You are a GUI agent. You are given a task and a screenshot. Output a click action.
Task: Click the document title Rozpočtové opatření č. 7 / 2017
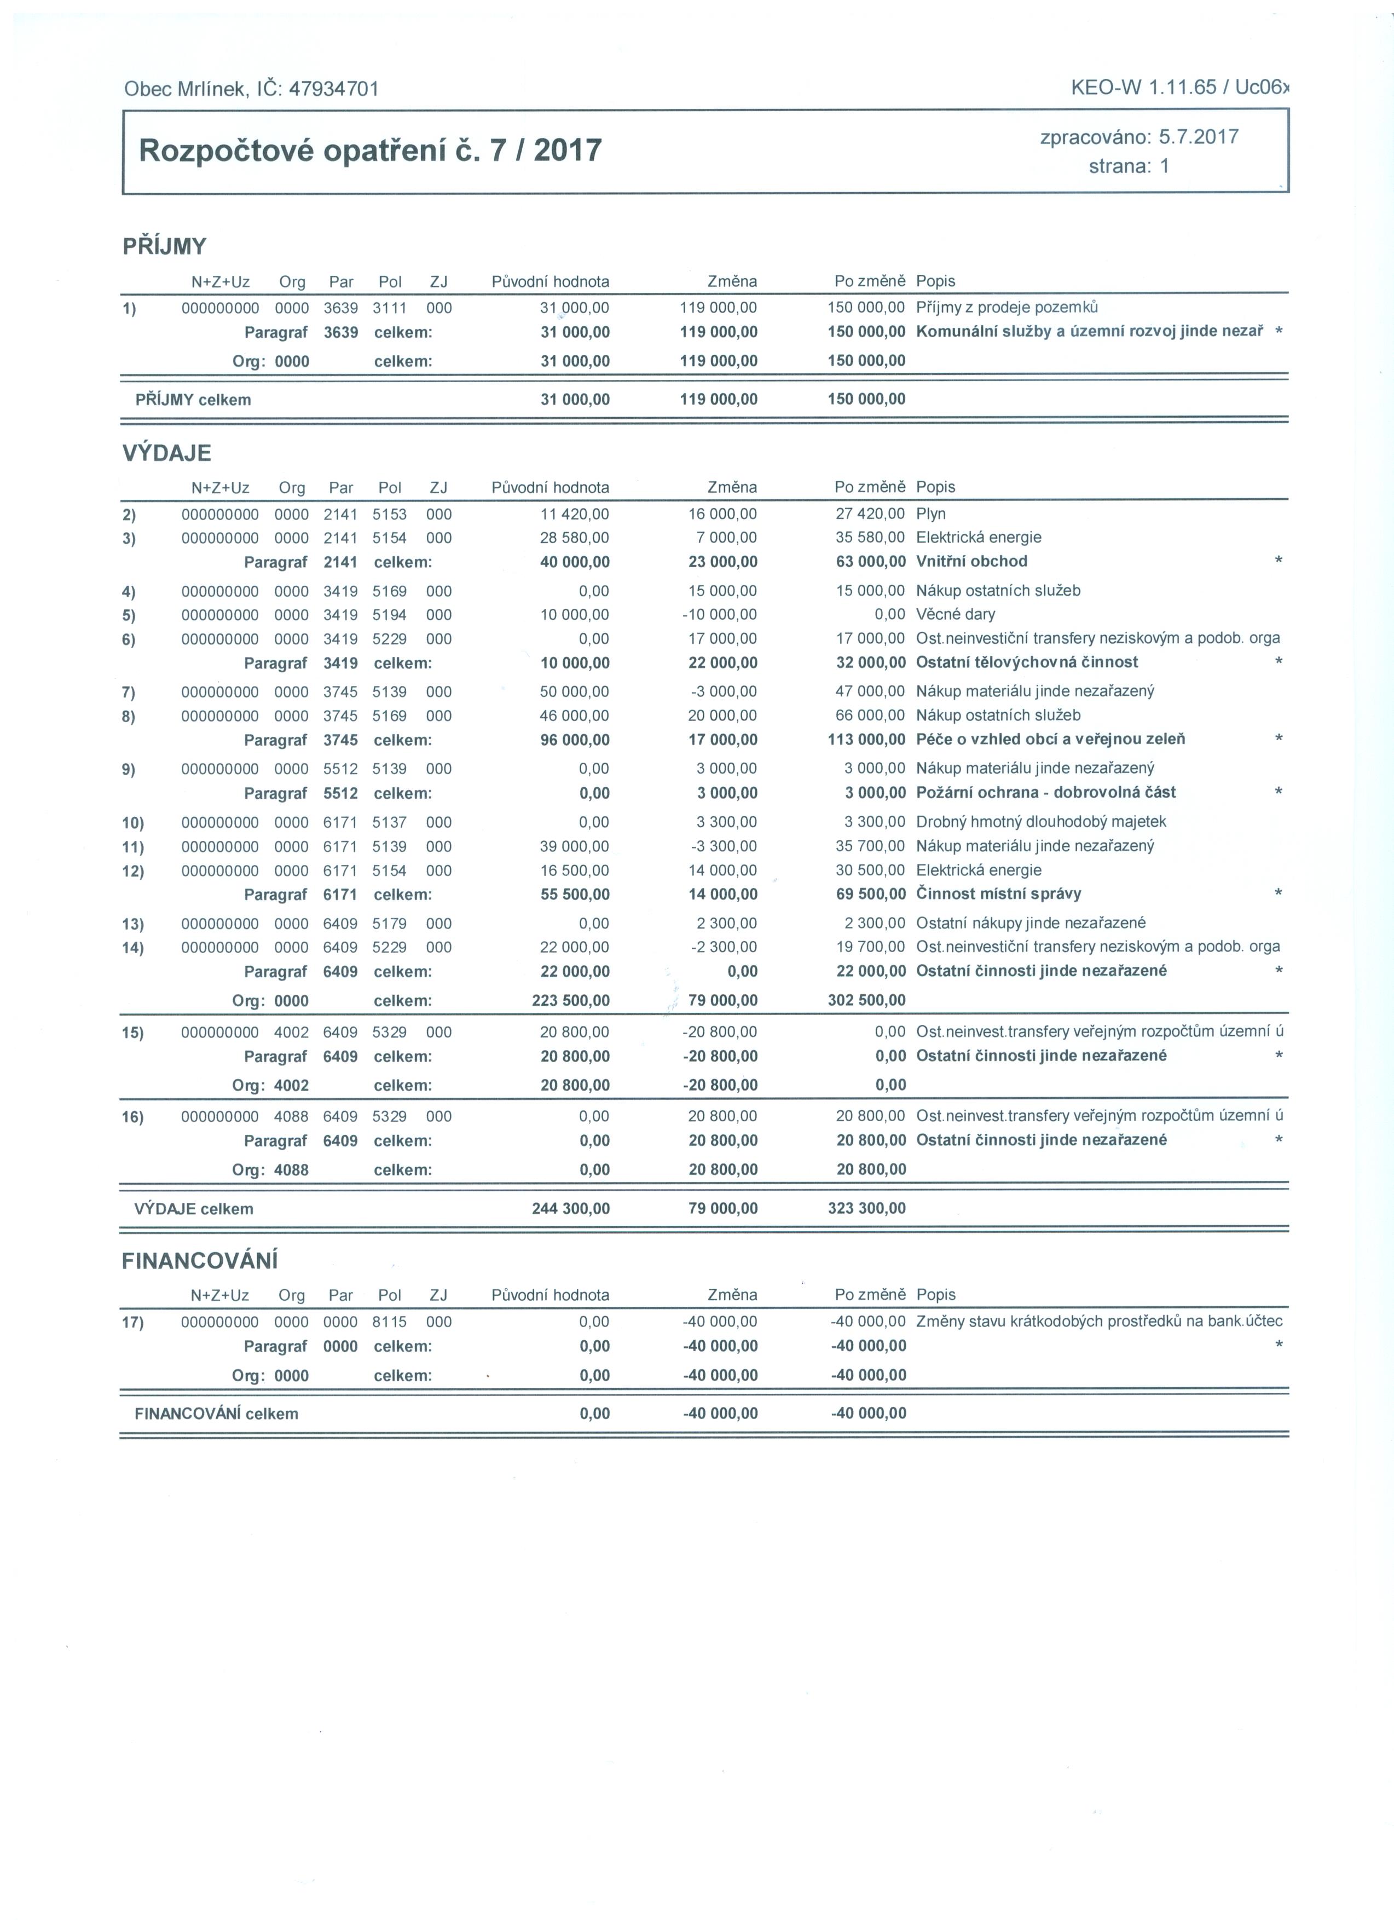(370, 151)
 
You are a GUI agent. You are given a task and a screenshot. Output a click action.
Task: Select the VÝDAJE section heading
(167, 453)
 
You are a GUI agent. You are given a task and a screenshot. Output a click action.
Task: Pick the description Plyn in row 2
(931, 514)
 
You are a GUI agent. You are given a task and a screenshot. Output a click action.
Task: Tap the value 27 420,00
(870, 514)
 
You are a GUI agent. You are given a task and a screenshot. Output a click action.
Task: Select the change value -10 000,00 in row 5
(719, 615)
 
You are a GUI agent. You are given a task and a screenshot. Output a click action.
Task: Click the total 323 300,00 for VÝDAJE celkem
(867, 1208)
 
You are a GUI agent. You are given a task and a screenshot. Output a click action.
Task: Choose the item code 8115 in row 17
(389, 1322)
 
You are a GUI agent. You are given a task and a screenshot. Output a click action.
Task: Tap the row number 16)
(133, 1117)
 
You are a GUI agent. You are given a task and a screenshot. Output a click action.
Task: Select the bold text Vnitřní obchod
(971, 561)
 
